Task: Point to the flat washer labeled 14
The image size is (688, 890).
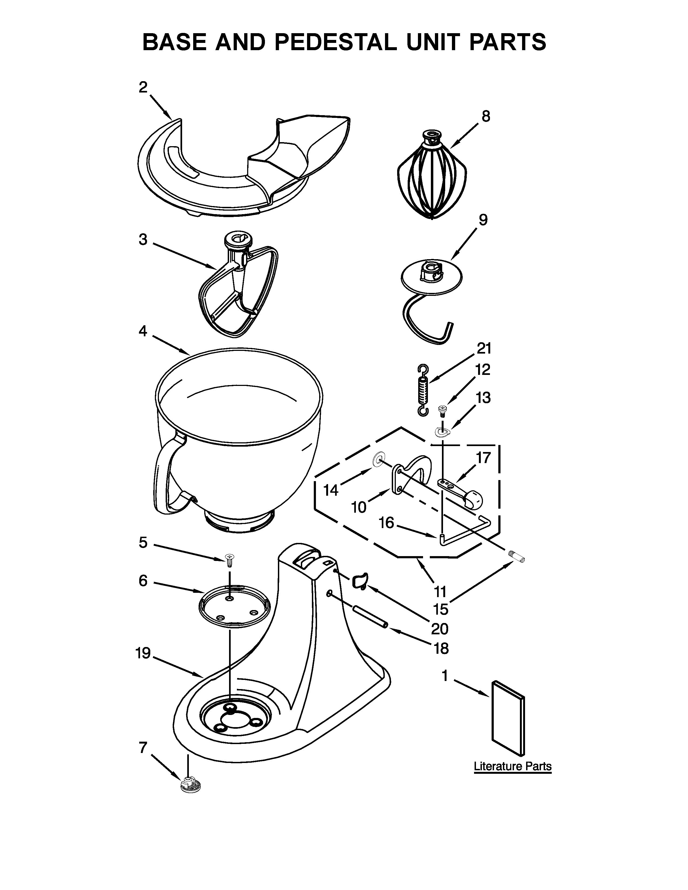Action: point(379,461)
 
